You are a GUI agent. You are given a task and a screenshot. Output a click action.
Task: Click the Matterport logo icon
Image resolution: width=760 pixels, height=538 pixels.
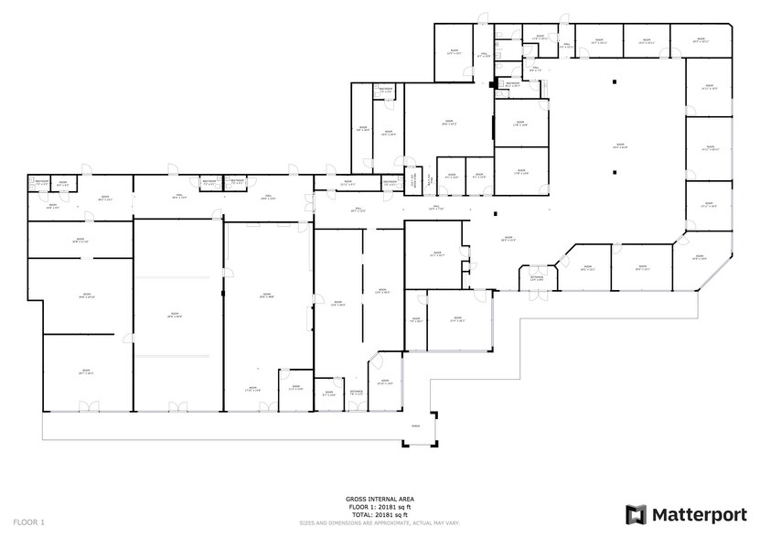coord(636,514)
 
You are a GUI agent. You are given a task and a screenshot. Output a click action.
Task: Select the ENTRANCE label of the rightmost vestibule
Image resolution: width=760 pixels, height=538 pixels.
coord(537,279)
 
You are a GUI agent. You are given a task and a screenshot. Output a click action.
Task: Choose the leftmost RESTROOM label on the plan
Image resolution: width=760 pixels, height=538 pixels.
coord(41,182)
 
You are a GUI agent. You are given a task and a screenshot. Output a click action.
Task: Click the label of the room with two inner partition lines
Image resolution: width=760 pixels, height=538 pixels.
coord(174,315)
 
